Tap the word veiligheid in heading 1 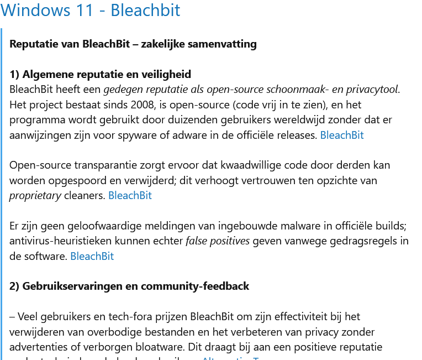tap(165, 74)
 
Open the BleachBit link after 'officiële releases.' tap(342, 135)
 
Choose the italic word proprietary tap(35, 195)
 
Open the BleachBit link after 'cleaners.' tap(130, 195)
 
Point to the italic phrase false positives tap(218, 241)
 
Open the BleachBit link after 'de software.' tap(92, 256)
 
